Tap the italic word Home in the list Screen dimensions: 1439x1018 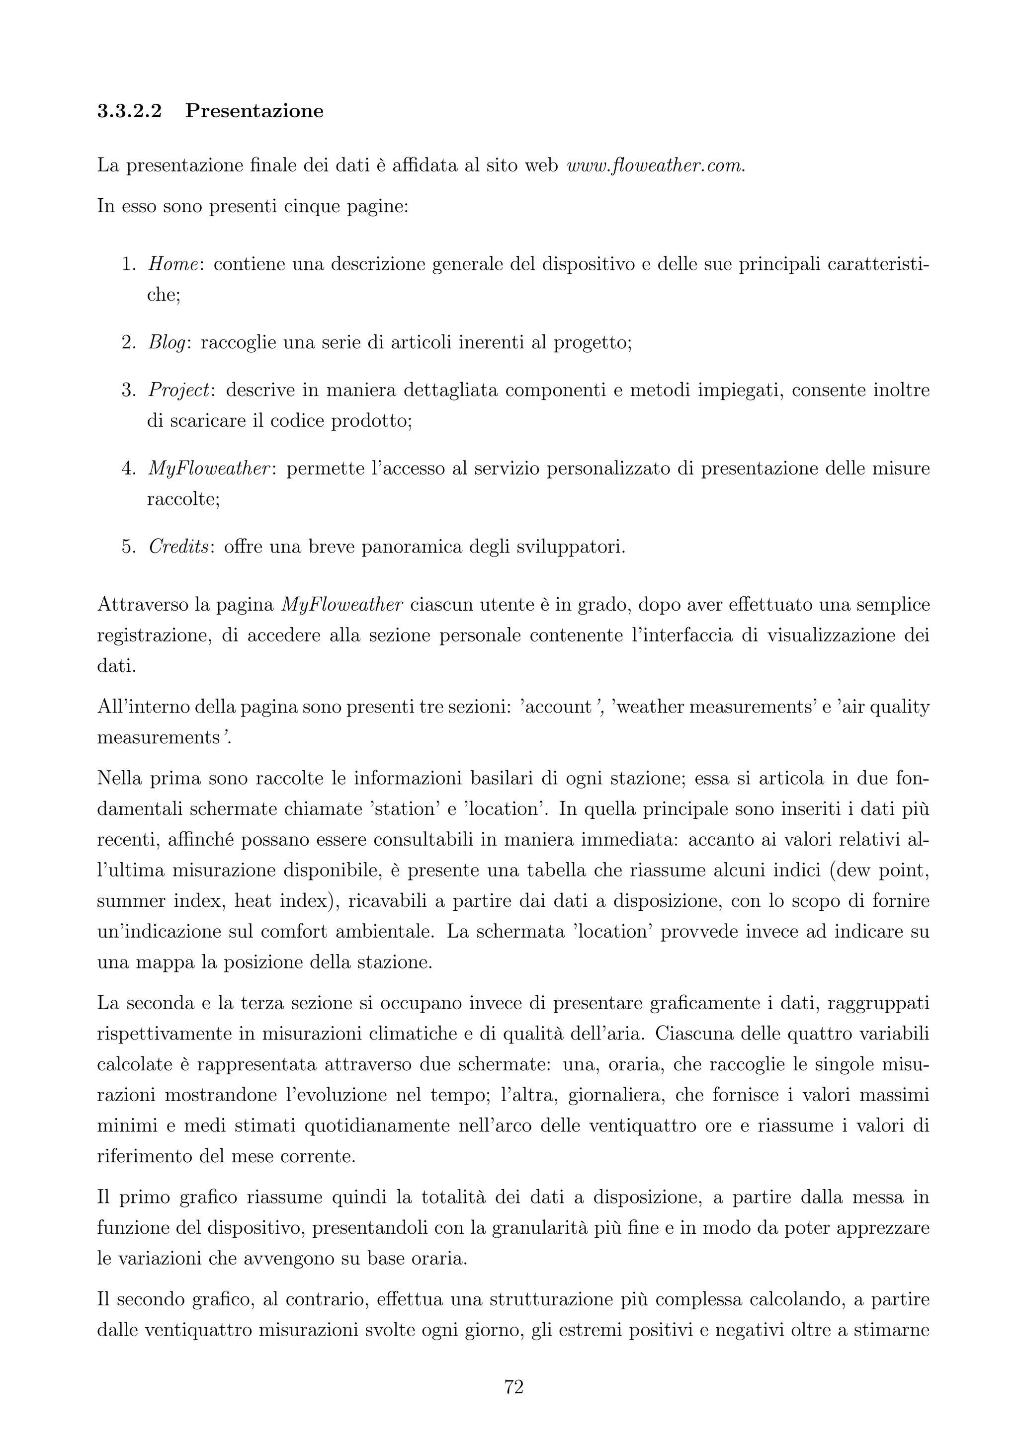click(173, 264)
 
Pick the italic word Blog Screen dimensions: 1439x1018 click(168, 343)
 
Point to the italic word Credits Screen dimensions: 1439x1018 click(178, 547)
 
